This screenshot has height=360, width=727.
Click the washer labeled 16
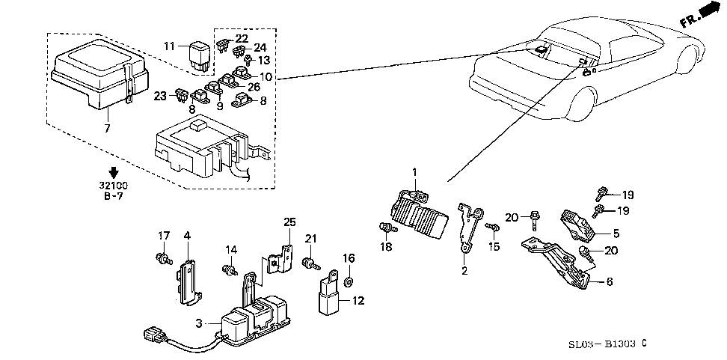pos(349,284)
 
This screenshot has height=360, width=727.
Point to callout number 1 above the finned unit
pos(414,173)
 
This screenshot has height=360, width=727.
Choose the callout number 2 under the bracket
pos(464,272)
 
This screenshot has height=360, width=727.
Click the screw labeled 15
pos(491,227)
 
